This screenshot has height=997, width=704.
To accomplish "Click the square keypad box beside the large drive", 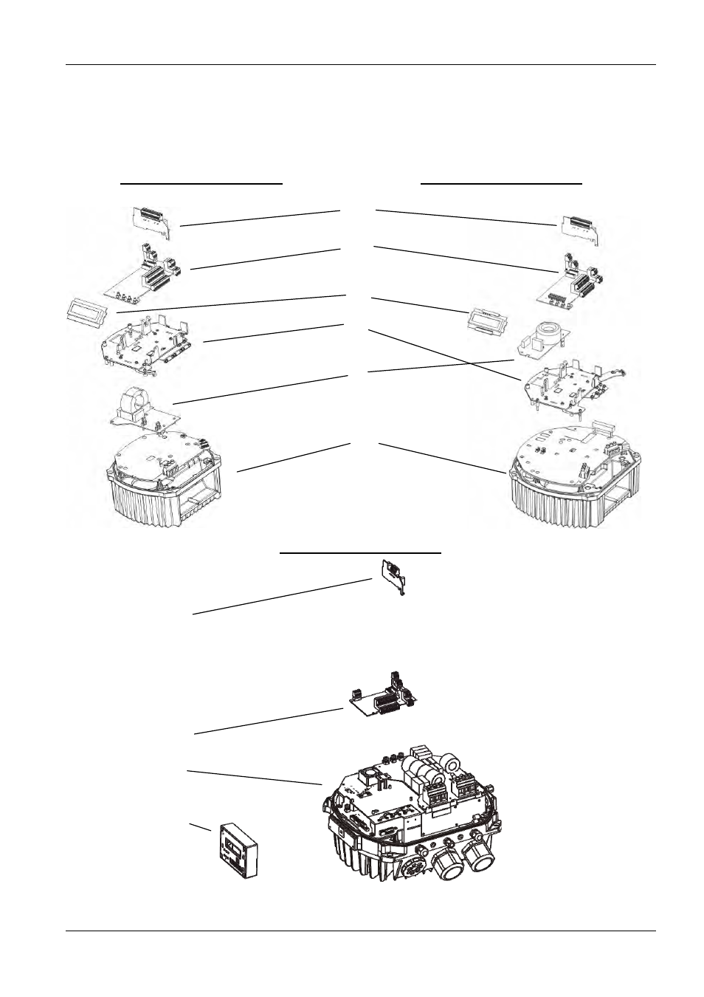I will tap(238, 850).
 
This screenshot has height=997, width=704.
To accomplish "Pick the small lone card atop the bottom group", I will tap(395, 576).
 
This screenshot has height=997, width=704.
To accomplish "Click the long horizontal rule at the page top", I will tap(360, 65).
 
